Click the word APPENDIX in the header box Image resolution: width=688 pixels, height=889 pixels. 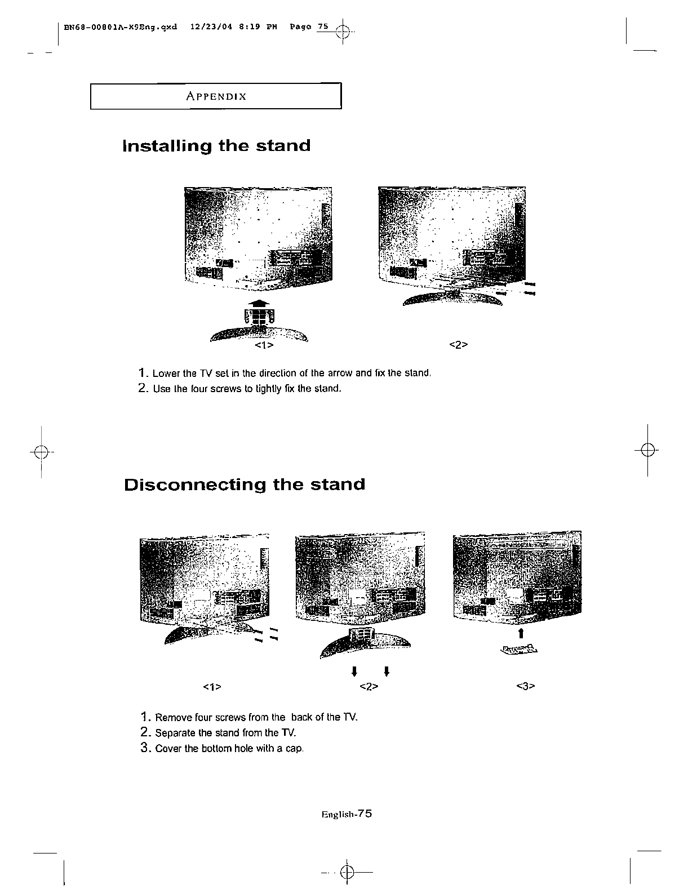point(216,96)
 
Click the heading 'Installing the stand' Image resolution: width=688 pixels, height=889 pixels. point(216,146)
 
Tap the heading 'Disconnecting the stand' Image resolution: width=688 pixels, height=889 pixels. point(245,484)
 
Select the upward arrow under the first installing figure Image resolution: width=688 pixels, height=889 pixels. point(258,304)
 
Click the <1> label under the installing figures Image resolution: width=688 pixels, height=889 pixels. point(264,345)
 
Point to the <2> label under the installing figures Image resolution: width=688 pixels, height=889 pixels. point(459,345)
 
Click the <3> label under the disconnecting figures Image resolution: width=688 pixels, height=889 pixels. point(525,687)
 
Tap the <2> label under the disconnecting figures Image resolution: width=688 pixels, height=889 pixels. point(368,687)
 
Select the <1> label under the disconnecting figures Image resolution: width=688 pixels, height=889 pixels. point(211,687)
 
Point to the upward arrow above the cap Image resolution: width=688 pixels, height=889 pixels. point(522,633)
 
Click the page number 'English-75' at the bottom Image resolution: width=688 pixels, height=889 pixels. point(347,814)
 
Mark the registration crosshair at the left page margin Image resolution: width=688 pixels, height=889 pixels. point(41,452)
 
